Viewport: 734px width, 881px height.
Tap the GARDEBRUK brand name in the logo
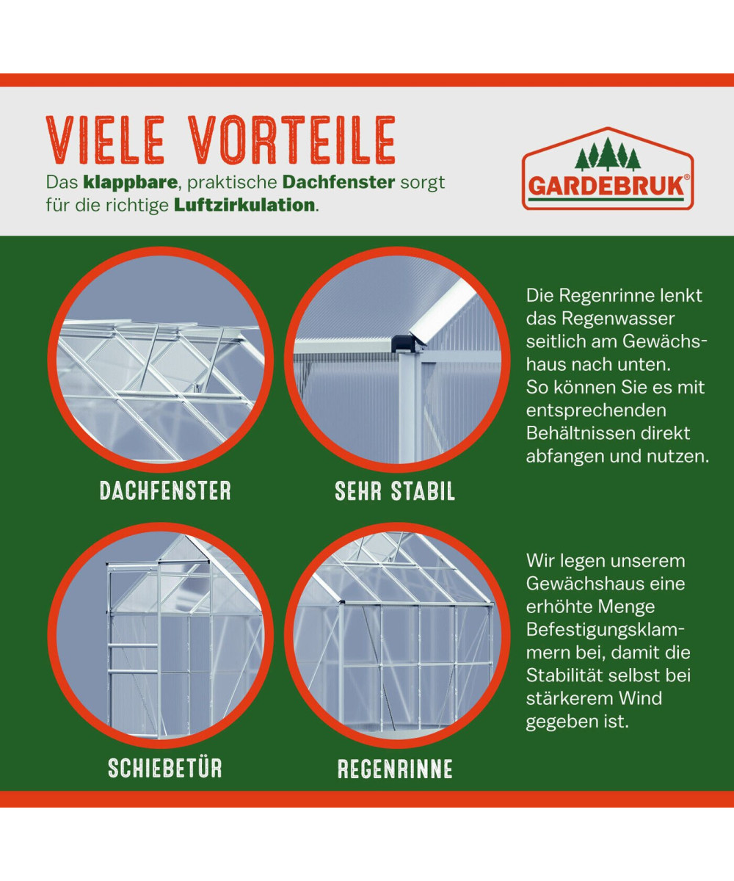click(606, 186)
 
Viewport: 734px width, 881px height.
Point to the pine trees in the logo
click(608, 154)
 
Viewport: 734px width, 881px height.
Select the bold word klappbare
click(130, 183)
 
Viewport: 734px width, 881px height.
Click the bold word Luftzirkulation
click(244, 206)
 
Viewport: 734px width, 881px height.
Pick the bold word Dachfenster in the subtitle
click(338, 183)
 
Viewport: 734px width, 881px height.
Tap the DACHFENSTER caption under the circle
click(165, 490)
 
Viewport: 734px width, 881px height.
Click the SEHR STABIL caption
click(395, 490)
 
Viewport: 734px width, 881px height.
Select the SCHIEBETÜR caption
click(165, 768)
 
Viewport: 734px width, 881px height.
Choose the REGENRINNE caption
click(395, 769)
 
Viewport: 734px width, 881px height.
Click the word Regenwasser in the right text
click(617, 319)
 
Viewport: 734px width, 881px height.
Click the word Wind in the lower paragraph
click(641, 698)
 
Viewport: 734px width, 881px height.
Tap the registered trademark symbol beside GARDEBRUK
click(687, 178)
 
